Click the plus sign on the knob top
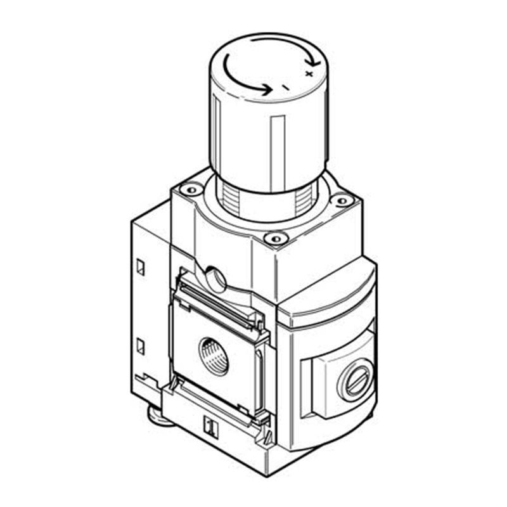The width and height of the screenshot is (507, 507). (x=309, y=74)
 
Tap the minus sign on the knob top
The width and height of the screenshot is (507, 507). (x=285, y=87)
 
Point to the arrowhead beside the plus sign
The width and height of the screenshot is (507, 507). (x=314, y=61)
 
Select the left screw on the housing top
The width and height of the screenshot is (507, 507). (x=191, y=189)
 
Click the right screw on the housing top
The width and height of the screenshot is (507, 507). (x=343, y=201)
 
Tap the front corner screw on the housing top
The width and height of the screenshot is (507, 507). (x=276, y=239)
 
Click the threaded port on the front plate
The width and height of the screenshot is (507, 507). (x=214, y=356)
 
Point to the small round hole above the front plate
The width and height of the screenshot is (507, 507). (x=216, y=279)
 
